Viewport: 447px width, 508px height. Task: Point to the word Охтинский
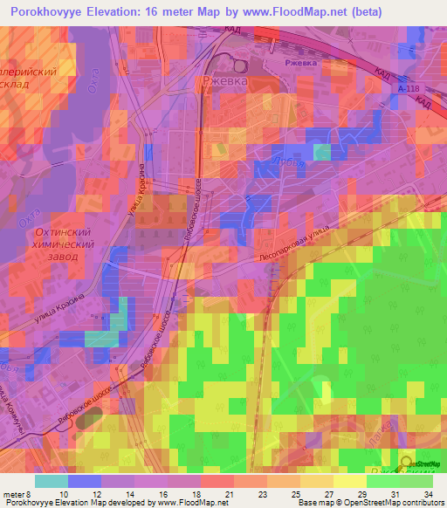(62, 233)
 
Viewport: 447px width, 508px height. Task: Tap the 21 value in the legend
(229, 494)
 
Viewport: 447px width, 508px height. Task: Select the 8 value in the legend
(38, 494)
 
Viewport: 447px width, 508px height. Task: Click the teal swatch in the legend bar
(52, 481)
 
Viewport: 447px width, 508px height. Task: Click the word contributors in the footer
(420, 503)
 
